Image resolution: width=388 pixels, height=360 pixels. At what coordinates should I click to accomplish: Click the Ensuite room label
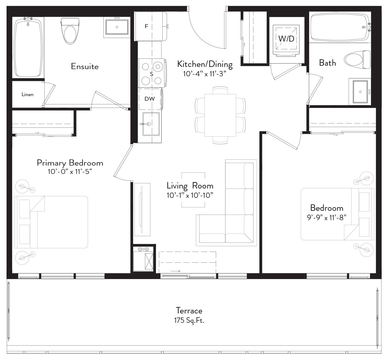(85, 66)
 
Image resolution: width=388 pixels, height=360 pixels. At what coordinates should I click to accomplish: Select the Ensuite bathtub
(28, 47)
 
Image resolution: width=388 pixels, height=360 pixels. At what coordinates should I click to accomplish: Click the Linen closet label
(28, 95)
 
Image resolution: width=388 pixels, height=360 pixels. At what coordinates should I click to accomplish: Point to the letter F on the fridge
(146, 26)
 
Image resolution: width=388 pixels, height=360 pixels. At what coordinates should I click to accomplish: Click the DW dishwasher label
(149, 99)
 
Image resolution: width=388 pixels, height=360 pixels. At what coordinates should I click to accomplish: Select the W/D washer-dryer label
(286, 39)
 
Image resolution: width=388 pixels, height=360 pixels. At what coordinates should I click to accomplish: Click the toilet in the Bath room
(357, 60)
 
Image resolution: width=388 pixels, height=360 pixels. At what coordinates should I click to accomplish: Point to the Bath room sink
(360, 92)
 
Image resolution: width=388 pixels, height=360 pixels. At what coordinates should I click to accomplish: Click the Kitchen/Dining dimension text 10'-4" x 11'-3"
(205, 74)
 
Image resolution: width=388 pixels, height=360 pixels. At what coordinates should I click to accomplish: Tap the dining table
(220, 115)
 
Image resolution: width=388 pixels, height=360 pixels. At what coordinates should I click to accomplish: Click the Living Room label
(190, 186)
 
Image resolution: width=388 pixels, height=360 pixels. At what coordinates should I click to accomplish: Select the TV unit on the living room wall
(142, 210)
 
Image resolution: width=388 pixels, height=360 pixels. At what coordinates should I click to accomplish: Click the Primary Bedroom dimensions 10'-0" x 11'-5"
(70, 171)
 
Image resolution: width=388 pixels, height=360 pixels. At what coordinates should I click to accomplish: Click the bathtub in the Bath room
(340, 27)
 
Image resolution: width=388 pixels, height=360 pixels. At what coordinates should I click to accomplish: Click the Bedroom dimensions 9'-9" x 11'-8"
(327, 217)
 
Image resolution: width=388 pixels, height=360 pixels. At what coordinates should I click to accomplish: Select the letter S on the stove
(151, 74)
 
